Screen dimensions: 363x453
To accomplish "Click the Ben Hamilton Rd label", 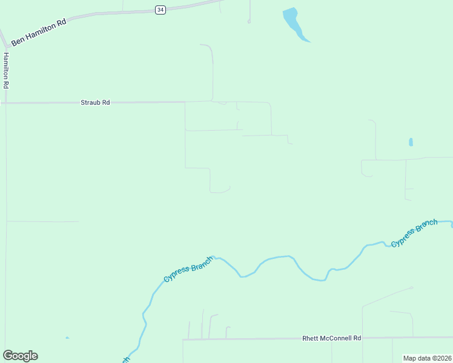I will pos(38,31).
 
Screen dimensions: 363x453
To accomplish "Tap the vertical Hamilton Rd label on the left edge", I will pos(6,71).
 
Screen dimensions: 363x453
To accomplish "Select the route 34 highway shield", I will pos(160,10).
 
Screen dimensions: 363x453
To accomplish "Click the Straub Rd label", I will pos(95,103).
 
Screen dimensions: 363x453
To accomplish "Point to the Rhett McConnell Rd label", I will pos(331,338).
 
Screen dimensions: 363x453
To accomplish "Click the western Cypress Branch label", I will pos(188,269).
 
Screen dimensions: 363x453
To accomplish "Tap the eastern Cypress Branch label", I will pos(414,233).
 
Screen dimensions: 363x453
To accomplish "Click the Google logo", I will pos(21,356).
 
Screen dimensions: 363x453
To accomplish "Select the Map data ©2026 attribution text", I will pos(427,358).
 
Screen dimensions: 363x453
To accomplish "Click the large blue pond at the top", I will pos(293,22).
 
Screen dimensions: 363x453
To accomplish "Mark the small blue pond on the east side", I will pos(411,142).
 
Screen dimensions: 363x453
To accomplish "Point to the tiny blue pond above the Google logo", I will pos(67,338).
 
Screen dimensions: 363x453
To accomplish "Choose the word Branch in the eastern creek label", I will pos(428,226).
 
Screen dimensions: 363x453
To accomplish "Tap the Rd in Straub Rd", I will pos(105,103).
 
